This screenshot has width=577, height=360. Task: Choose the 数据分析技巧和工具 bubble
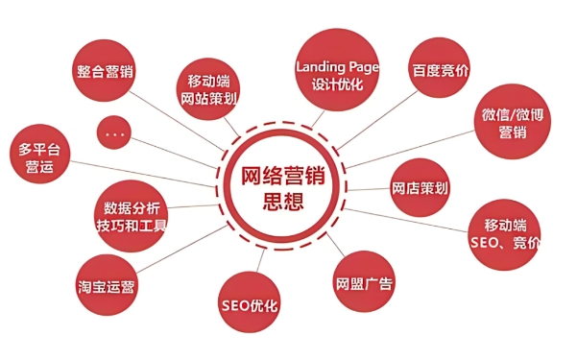(x=132, y=215)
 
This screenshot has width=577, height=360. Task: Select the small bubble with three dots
(x=116, y=133)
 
